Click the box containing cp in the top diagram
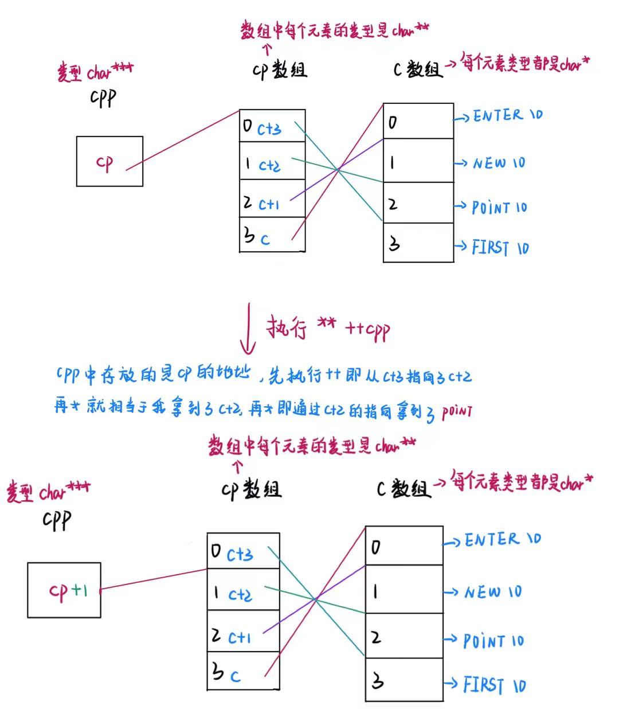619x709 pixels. pyautogui.click(x=109, y=161)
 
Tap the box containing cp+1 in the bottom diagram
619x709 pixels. pyautogui.click(x=64, y=590)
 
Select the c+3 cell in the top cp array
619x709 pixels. pyautogui.click(x=272, y=126)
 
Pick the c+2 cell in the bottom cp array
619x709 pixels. pyautogui.click(x=243, y=590)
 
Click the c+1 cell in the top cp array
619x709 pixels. pyautogui.click(x=272, y=199)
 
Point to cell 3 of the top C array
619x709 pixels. pyautogui.click(x=418, y=243)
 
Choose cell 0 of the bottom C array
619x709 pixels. pyautogui.click(x=404, y=546)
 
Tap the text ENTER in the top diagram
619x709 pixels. pyautogui.click(x=497, y=116)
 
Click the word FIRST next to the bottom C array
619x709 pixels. pyautogui.click(x=483, y=684)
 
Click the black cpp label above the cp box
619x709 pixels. pyautogui.click(x=103, y=98)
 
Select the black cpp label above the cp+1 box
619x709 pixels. pyautogui.click(x=57, y=520)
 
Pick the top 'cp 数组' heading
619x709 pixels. pyautogui.click(x=280, y=70)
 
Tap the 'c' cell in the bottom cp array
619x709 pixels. pyautogui.click(x=243, y=672)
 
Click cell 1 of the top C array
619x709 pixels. pyautogui.click(x=418, y=161)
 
